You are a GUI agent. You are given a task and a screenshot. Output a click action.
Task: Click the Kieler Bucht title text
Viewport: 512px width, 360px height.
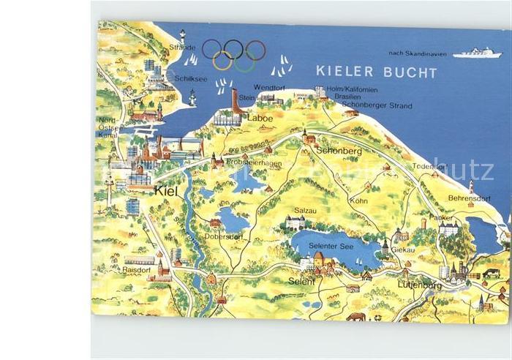point(376,72)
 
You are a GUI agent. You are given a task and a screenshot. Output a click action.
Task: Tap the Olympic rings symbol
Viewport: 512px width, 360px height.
point(234,54)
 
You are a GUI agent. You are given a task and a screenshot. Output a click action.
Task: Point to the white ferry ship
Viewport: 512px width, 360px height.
point(476,53)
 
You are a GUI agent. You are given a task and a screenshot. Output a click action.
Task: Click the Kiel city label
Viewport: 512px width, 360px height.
point(166,190)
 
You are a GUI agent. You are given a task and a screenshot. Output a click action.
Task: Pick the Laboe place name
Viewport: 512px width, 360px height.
point(260,117)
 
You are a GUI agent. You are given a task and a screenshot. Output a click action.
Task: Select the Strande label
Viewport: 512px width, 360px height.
point(181,48)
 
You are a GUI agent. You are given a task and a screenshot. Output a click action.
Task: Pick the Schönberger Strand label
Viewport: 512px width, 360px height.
point(377,106)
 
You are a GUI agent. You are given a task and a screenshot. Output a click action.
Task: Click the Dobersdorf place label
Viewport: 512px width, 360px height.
point(223,236)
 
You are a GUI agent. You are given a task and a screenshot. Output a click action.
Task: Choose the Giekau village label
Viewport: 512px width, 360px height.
point(402,249)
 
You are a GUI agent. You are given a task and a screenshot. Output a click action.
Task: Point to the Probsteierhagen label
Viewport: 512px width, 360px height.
point(254,163)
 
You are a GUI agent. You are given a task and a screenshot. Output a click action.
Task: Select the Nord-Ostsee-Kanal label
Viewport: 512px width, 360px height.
point(108,128)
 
